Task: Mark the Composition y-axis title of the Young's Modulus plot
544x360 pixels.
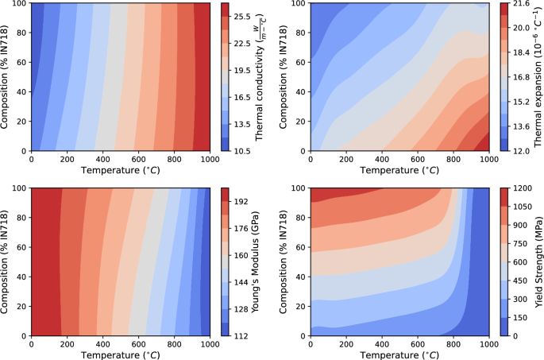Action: click(x=6, y=262)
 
